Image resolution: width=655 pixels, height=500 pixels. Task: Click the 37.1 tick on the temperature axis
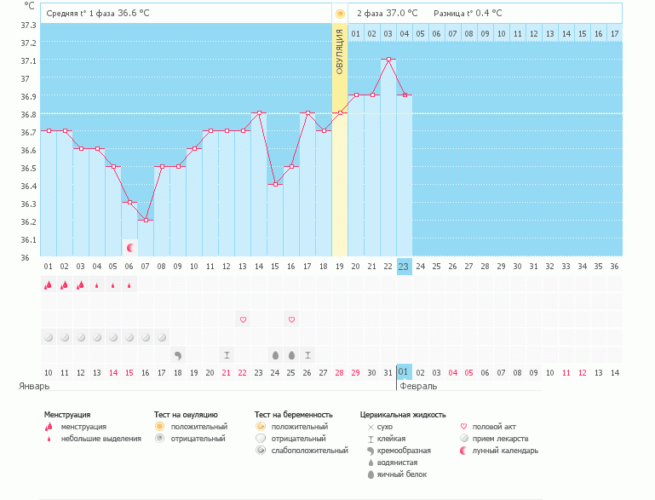click(x=27, y=60)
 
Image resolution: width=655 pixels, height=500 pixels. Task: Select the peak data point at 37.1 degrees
click(x=388, y=60)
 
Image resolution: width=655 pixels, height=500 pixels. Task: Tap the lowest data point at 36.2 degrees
click(x=146, y=221)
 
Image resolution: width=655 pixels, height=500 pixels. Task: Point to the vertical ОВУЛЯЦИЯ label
click(x=339, y=52)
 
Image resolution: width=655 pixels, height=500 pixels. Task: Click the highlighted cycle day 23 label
click(x=404, y=267)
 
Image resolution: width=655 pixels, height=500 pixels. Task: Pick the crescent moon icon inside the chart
click(x=129, y=248)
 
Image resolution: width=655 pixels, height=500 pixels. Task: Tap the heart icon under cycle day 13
click(x=243, y=319)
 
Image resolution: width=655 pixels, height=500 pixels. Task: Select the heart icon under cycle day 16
click(x=291, y=319)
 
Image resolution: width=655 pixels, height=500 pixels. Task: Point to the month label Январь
click(x=35, y=386)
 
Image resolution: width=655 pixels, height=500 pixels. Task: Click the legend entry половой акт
click(x=494, y=427)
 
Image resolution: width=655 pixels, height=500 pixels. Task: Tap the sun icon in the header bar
click(x=340, y=14)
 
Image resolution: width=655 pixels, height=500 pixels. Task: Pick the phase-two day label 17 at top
click(x=614, y=33)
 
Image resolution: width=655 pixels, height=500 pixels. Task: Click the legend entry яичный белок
click(x=397, y=474)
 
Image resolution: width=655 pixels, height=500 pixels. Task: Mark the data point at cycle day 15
click(x=275, y=185)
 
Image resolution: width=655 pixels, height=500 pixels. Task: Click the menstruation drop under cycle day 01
click(x=48, y=285)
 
